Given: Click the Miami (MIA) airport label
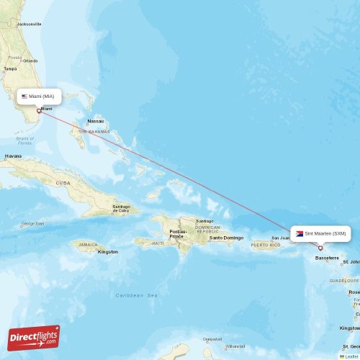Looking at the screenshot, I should tap(42, 96).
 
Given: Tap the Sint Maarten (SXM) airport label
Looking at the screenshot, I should tap(325, 233).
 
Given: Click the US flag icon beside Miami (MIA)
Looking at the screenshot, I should tap(24, 96).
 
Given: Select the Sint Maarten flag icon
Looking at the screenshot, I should tap(300, 233).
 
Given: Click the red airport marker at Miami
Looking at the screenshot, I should tap(39, 111).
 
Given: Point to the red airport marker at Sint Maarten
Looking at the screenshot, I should tap(320, 248).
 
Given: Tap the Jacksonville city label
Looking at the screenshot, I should tap(29, 24).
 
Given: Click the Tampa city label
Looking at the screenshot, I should tap(10, 69).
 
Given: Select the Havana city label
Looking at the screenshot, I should tap(13, 156).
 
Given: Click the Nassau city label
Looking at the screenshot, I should tap(95, 121).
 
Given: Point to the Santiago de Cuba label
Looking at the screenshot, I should tap(121, 209).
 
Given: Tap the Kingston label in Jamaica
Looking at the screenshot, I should tap(108, 252).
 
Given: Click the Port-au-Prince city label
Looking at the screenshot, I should tap(177, 234).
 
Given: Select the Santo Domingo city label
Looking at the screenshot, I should tap(225, 238).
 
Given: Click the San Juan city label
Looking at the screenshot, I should tap(280, 238).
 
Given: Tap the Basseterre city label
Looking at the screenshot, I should tap(327, 257).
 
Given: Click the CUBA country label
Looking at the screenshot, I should tap(64, 183).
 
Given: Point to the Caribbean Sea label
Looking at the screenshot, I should tap(137, 295).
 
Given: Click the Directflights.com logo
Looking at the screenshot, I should tap(34, 337).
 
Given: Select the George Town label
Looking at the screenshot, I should tap(33, 224).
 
